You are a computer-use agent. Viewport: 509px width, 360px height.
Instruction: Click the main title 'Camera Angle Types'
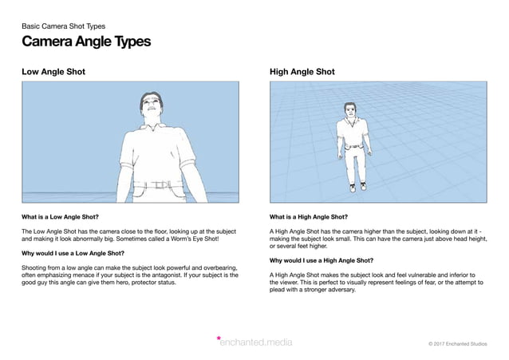click(x=85, y=42)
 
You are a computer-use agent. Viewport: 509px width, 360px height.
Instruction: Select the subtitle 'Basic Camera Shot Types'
click(x=63, y=26)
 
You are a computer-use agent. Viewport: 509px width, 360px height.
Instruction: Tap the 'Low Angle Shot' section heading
click(x=53, y=72)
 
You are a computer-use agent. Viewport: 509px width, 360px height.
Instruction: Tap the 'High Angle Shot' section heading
click(x=302, y=72)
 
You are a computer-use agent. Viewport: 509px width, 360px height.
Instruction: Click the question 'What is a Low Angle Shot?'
click(x=61, y=216)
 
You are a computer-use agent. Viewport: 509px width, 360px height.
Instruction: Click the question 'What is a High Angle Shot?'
click(x=310, y=216)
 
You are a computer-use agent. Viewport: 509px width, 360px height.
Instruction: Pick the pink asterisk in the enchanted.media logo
click(x=219, y=339)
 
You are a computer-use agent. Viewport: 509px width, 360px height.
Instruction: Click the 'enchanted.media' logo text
click(x=257, y=342)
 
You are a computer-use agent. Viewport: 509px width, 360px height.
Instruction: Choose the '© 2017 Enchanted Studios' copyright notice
click(x=457, y=343)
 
